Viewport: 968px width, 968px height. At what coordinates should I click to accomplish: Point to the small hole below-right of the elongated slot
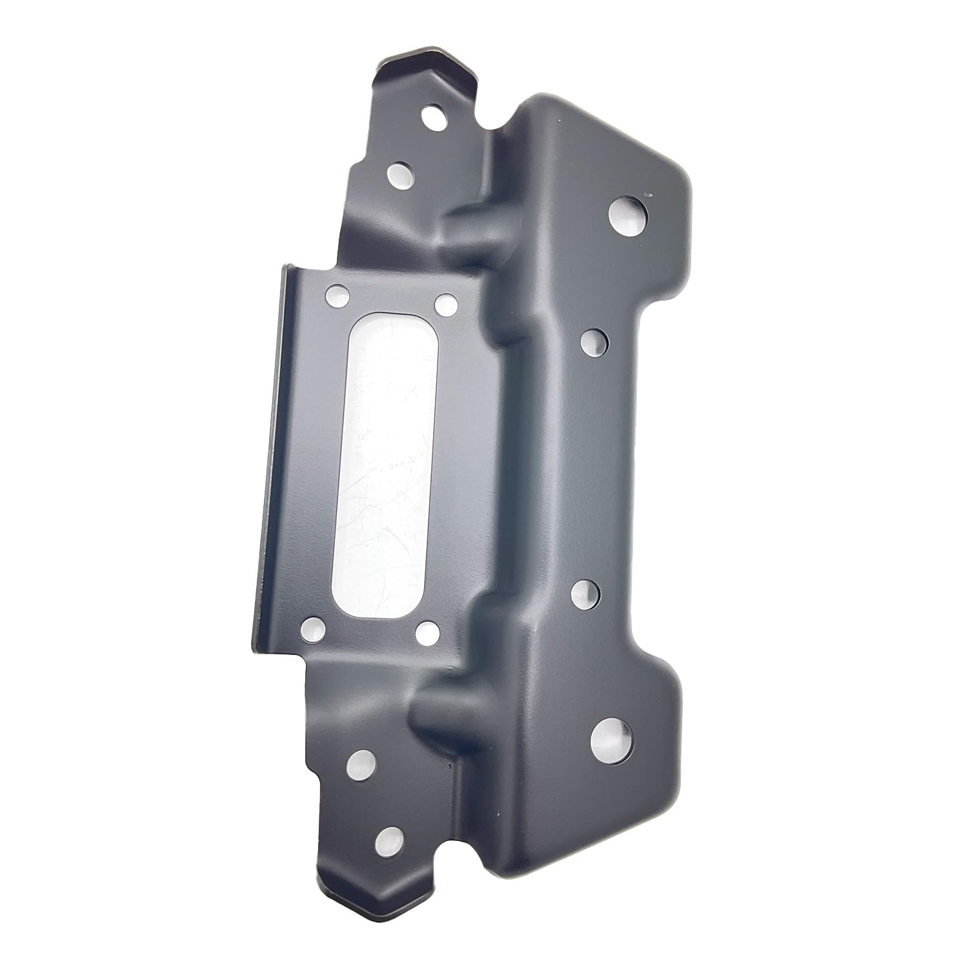[427, 632]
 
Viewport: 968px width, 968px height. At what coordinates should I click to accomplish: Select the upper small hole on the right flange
[595, 341]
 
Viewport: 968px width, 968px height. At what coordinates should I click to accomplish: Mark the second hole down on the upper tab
[401, 173]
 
